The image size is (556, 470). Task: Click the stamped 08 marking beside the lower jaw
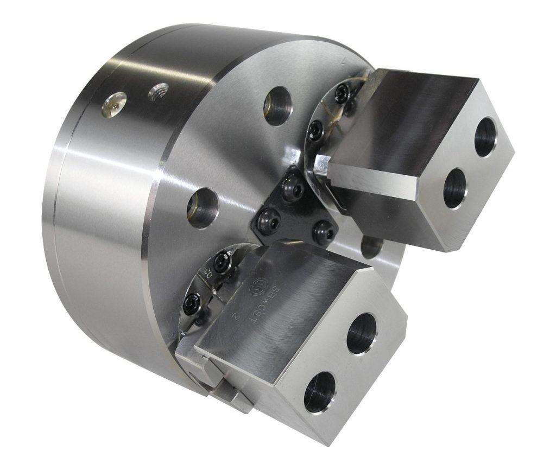coord(208,271)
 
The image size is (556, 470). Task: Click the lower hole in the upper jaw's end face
coord(455,188)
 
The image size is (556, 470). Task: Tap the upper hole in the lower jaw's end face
coord(362,333)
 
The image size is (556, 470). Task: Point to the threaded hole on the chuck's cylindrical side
coord(159,91)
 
